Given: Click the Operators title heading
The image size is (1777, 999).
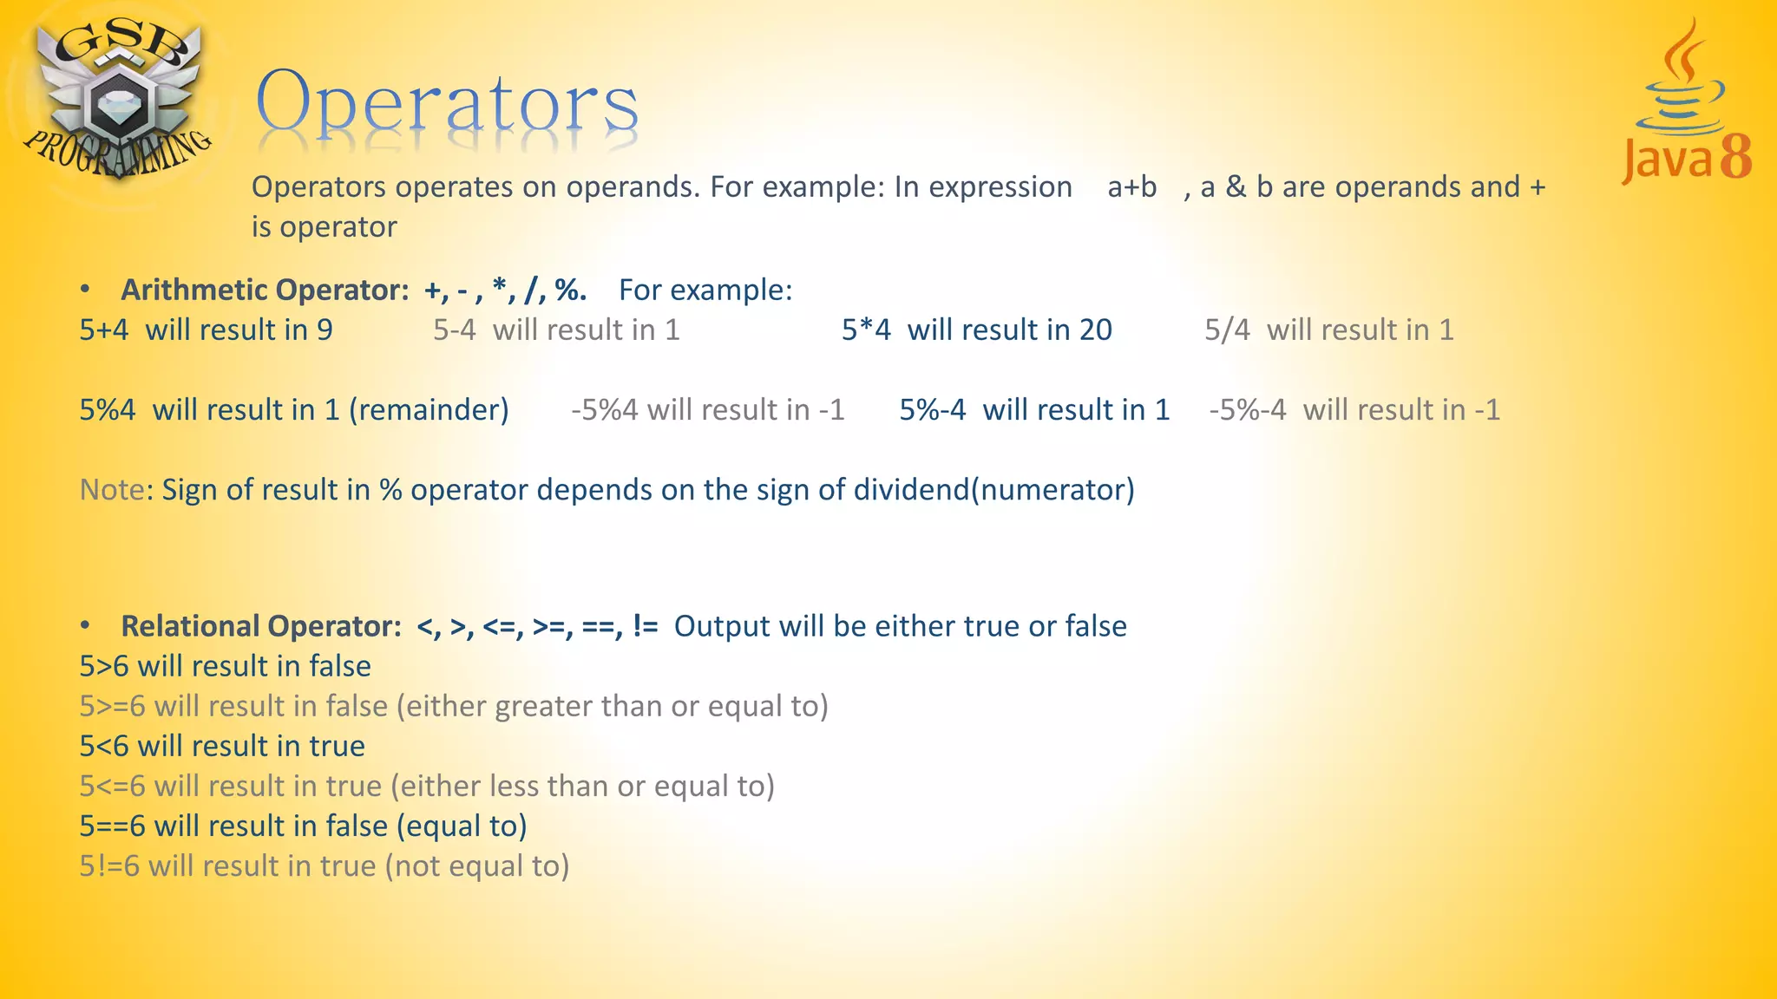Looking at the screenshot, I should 447,104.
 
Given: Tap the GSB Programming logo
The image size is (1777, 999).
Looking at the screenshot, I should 117,100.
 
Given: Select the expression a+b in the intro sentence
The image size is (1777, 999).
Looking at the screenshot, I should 1131,187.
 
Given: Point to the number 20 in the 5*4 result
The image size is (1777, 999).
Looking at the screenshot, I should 1095,330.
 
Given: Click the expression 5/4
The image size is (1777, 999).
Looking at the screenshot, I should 1227,330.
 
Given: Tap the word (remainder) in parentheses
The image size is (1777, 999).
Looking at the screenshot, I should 429,409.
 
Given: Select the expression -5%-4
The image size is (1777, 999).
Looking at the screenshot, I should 1248,409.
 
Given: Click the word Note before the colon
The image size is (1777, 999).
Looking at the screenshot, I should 111,490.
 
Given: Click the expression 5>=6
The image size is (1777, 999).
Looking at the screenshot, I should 112,706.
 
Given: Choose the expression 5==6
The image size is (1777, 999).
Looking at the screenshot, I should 112,826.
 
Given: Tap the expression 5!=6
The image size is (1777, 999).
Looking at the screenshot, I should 108,865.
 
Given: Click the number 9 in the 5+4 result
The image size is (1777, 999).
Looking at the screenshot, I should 325,330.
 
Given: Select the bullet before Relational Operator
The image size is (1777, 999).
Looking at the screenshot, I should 85,625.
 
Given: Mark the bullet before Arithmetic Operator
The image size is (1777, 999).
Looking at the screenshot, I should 85,289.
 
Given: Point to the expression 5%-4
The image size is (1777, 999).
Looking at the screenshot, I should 932,409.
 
